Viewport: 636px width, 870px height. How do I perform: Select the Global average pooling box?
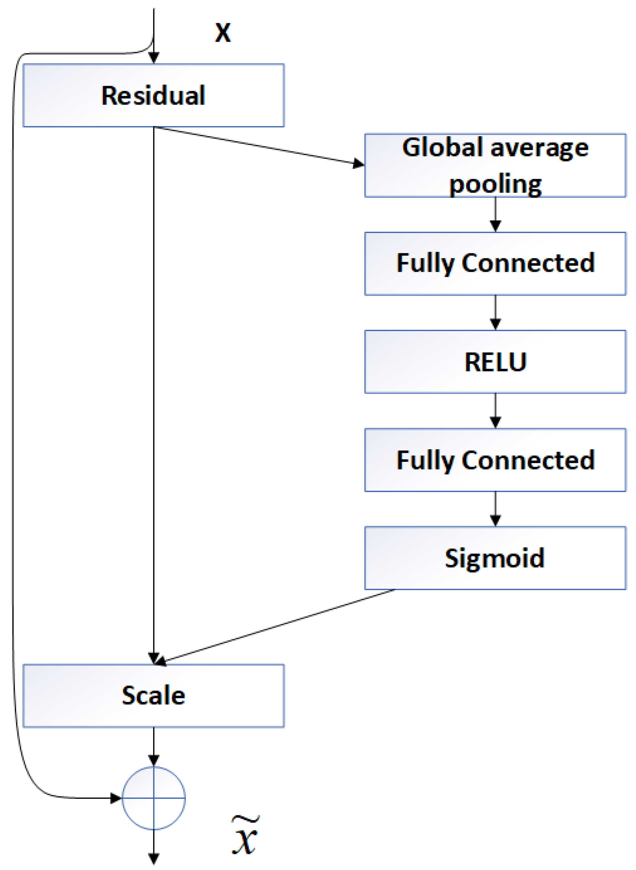coord(495,165)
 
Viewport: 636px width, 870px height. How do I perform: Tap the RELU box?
coord(495,362)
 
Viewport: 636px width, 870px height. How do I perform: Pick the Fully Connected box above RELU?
coord(495,264)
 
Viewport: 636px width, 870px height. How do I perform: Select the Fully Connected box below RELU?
coord(495,460)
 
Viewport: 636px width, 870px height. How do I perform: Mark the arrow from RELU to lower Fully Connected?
coord(495,410)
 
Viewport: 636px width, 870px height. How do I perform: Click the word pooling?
coord(495,184)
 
